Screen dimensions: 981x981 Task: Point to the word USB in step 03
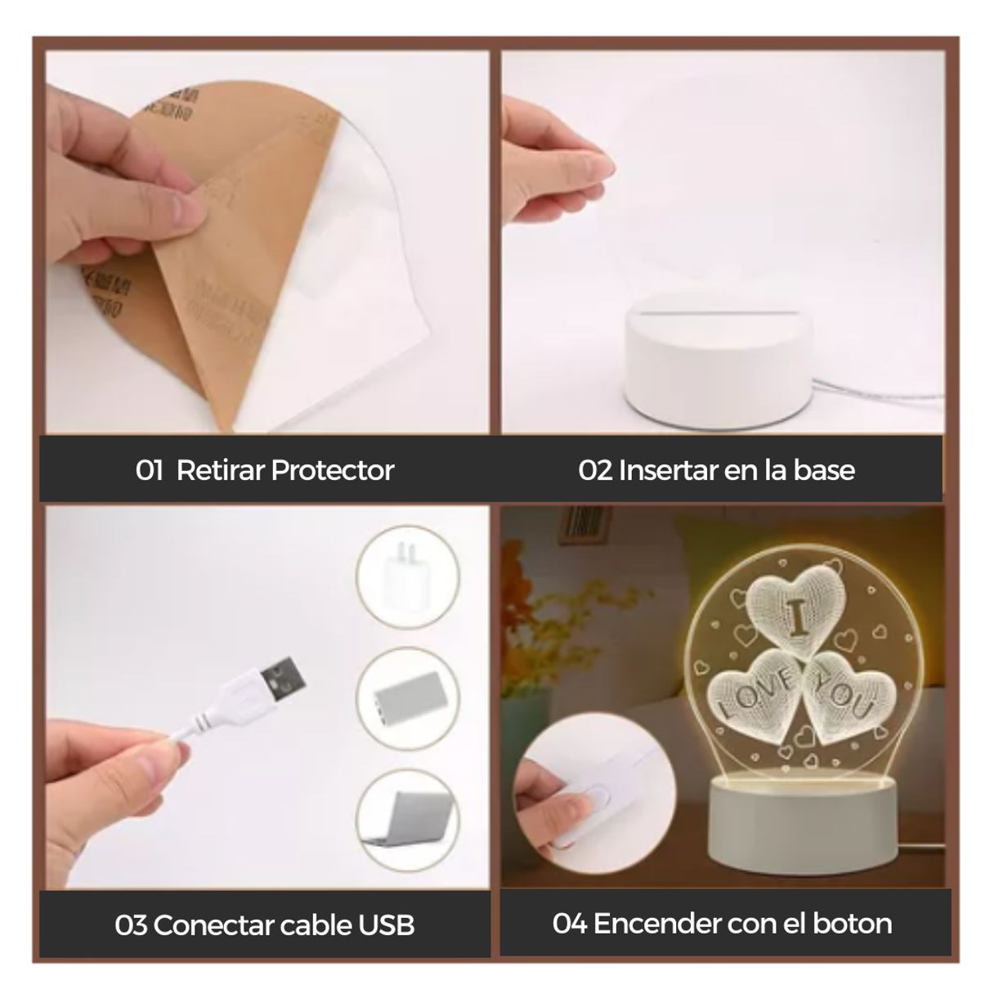(386, 925)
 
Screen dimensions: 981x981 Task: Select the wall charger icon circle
(408, 576)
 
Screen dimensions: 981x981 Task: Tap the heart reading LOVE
(754, 692)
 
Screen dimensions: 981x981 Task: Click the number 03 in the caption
(131, 925)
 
